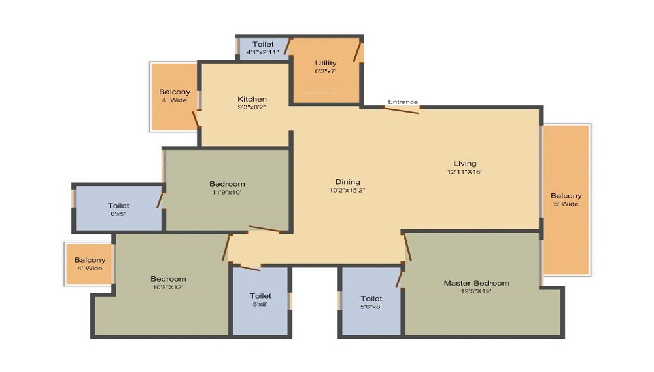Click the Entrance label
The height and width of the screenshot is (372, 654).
(403, 102)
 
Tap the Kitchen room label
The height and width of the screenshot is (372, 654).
(252, 99)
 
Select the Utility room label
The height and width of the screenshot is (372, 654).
(325, 64)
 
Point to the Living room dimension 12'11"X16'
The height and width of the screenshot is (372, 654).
(464, 172)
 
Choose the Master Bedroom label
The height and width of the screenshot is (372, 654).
(476, 283)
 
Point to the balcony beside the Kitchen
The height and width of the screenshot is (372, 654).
(174, 96)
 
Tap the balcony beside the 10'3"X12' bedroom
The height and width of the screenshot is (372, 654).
(90, 264)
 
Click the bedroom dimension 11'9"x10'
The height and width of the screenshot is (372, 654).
(227, 192)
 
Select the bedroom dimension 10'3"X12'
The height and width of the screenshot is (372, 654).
(168, 287)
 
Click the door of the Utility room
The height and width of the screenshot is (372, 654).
(357, 51)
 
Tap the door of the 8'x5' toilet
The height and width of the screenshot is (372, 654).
(160, 198)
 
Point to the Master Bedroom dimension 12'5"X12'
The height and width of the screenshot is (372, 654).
(476, 291)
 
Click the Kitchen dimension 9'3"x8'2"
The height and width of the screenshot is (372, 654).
(252, 107)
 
